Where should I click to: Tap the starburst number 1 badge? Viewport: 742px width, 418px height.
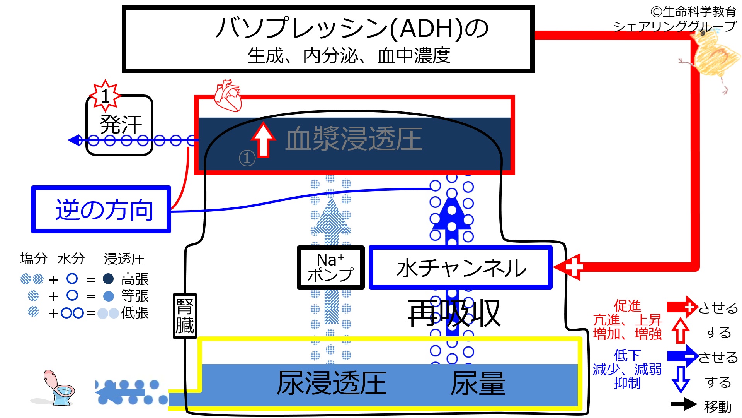[x=105, y=95]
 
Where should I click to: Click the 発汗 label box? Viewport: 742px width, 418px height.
[x=120, y=125]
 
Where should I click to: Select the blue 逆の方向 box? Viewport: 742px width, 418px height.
[x=101, y=209]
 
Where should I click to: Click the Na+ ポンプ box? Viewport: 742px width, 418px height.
[x=330, y=267]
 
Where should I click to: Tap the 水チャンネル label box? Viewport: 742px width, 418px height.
[x=461, y=267]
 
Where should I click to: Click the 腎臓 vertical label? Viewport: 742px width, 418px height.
[x=185, y=316]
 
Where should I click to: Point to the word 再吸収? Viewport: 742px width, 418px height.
[x=454, y=313]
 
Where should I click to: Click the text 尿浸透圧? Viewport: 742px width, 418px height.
[x=332, y=383]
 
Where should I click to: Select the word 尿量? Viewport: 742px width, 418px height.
[x=478, y=383]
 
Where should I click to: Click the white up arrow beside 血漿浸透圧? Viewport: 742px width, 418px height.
[x=264, y=139]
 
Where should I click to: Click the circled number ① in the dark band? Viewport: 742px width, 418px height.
[x=247, y=158]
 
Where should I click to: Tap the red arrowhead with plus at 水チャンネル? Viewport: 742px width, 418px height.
[x=570, y=267]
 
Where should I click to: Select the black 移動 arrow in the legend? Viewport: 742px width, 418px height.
[x=683, y=404]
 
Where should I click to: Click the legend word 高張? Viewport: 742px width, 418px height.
[x=134, y=279]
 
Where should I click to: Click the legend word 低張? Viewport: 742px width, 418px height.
[x=134, y=312]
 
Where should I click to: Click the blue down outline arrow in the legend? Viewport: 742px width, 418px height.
[x=681, y=379]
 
